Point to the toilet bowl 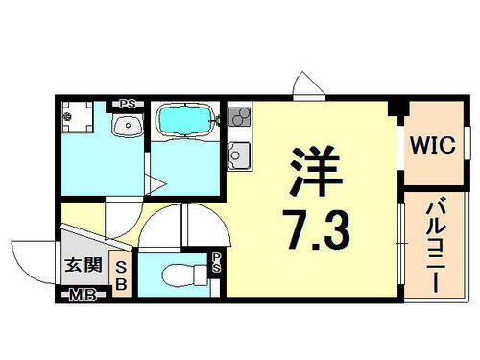[x=177, y=276]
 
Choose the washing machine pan [x=80, y=123]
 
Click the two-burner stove [x=238, y=119]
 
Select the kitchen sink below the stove [x=238, y=154]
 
